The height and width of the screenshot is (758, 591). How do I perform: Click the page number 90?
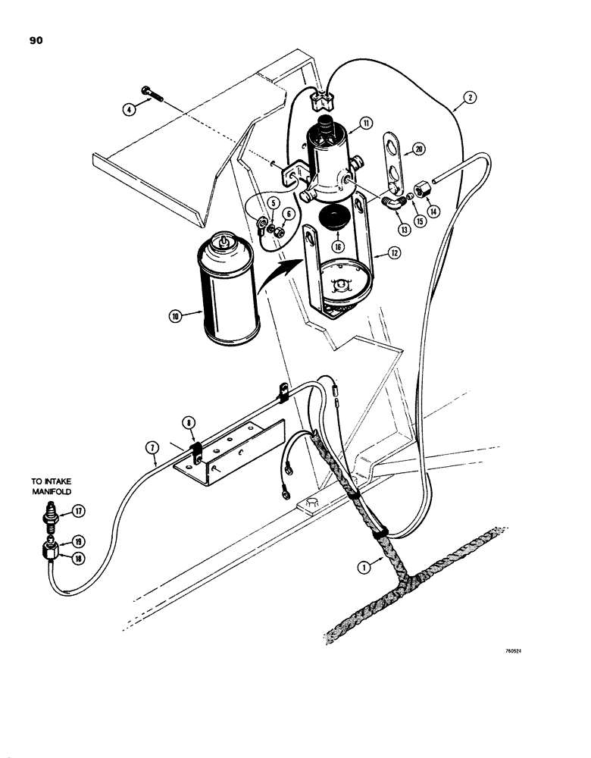[x=35, y=42]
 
